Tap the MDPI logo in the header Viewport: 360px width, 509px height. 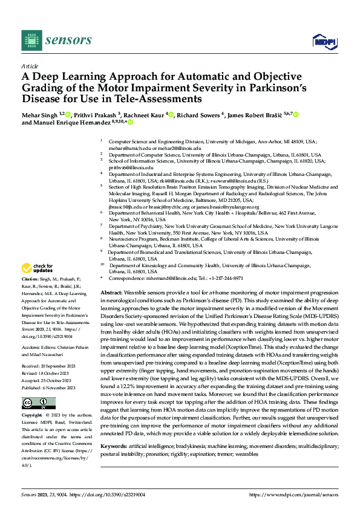point(321,41)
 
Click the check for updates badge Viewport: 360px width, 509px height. point(38,268)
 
